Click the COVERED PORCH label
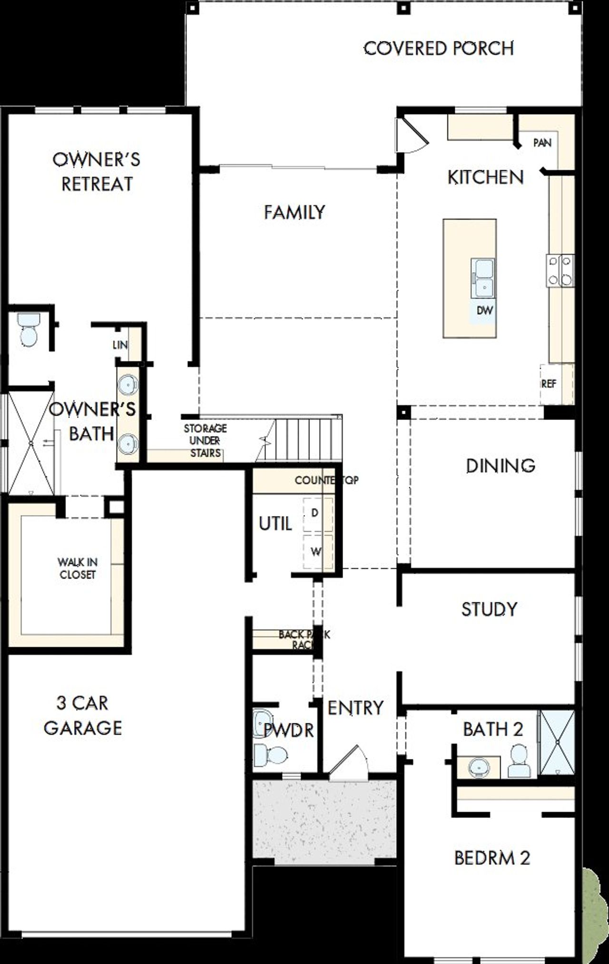(x=439, y=49)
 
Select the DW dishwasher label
(x=485, y=311)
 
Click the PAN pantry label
(x=542, y=143)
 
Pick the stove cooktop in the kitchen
(x=560, y=271)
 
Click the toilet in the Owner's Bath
(x=28, y=329)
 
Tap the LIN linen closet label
(x=120, y=345)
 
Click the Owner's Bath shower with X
(x=31, y=443)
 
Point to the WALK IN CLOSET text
(x=78, y=568)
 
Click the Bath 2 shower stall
(x=557, y=742)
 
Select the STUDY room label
(x=489, y=609)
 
